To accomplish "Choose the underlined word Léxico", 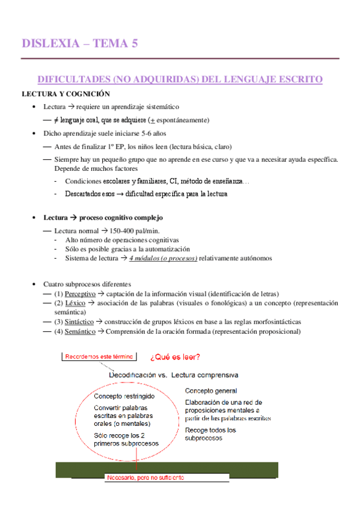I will (x=76, y=303).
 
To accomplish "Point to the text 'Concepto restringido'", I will (x=124, y=397).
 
